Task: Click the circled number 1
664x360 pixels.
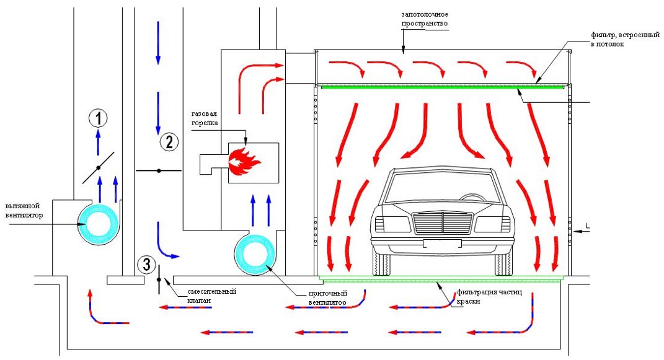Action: click(x=98, y=116)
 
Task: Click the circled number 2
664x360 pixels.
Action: click(x=169, y=142)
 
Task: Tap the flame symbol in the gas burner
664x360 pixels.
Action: click(x=244, y=161)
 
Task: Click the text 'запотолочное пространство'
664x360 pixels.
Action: click(x=423, y=18)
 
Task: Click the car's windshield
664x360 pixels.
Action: click(x=441, y=185)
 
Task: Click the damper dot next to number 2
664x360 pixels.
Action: click(x=159, y=170)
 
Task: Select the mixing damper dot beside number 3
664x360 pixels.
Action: click(x=159, y=280)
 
